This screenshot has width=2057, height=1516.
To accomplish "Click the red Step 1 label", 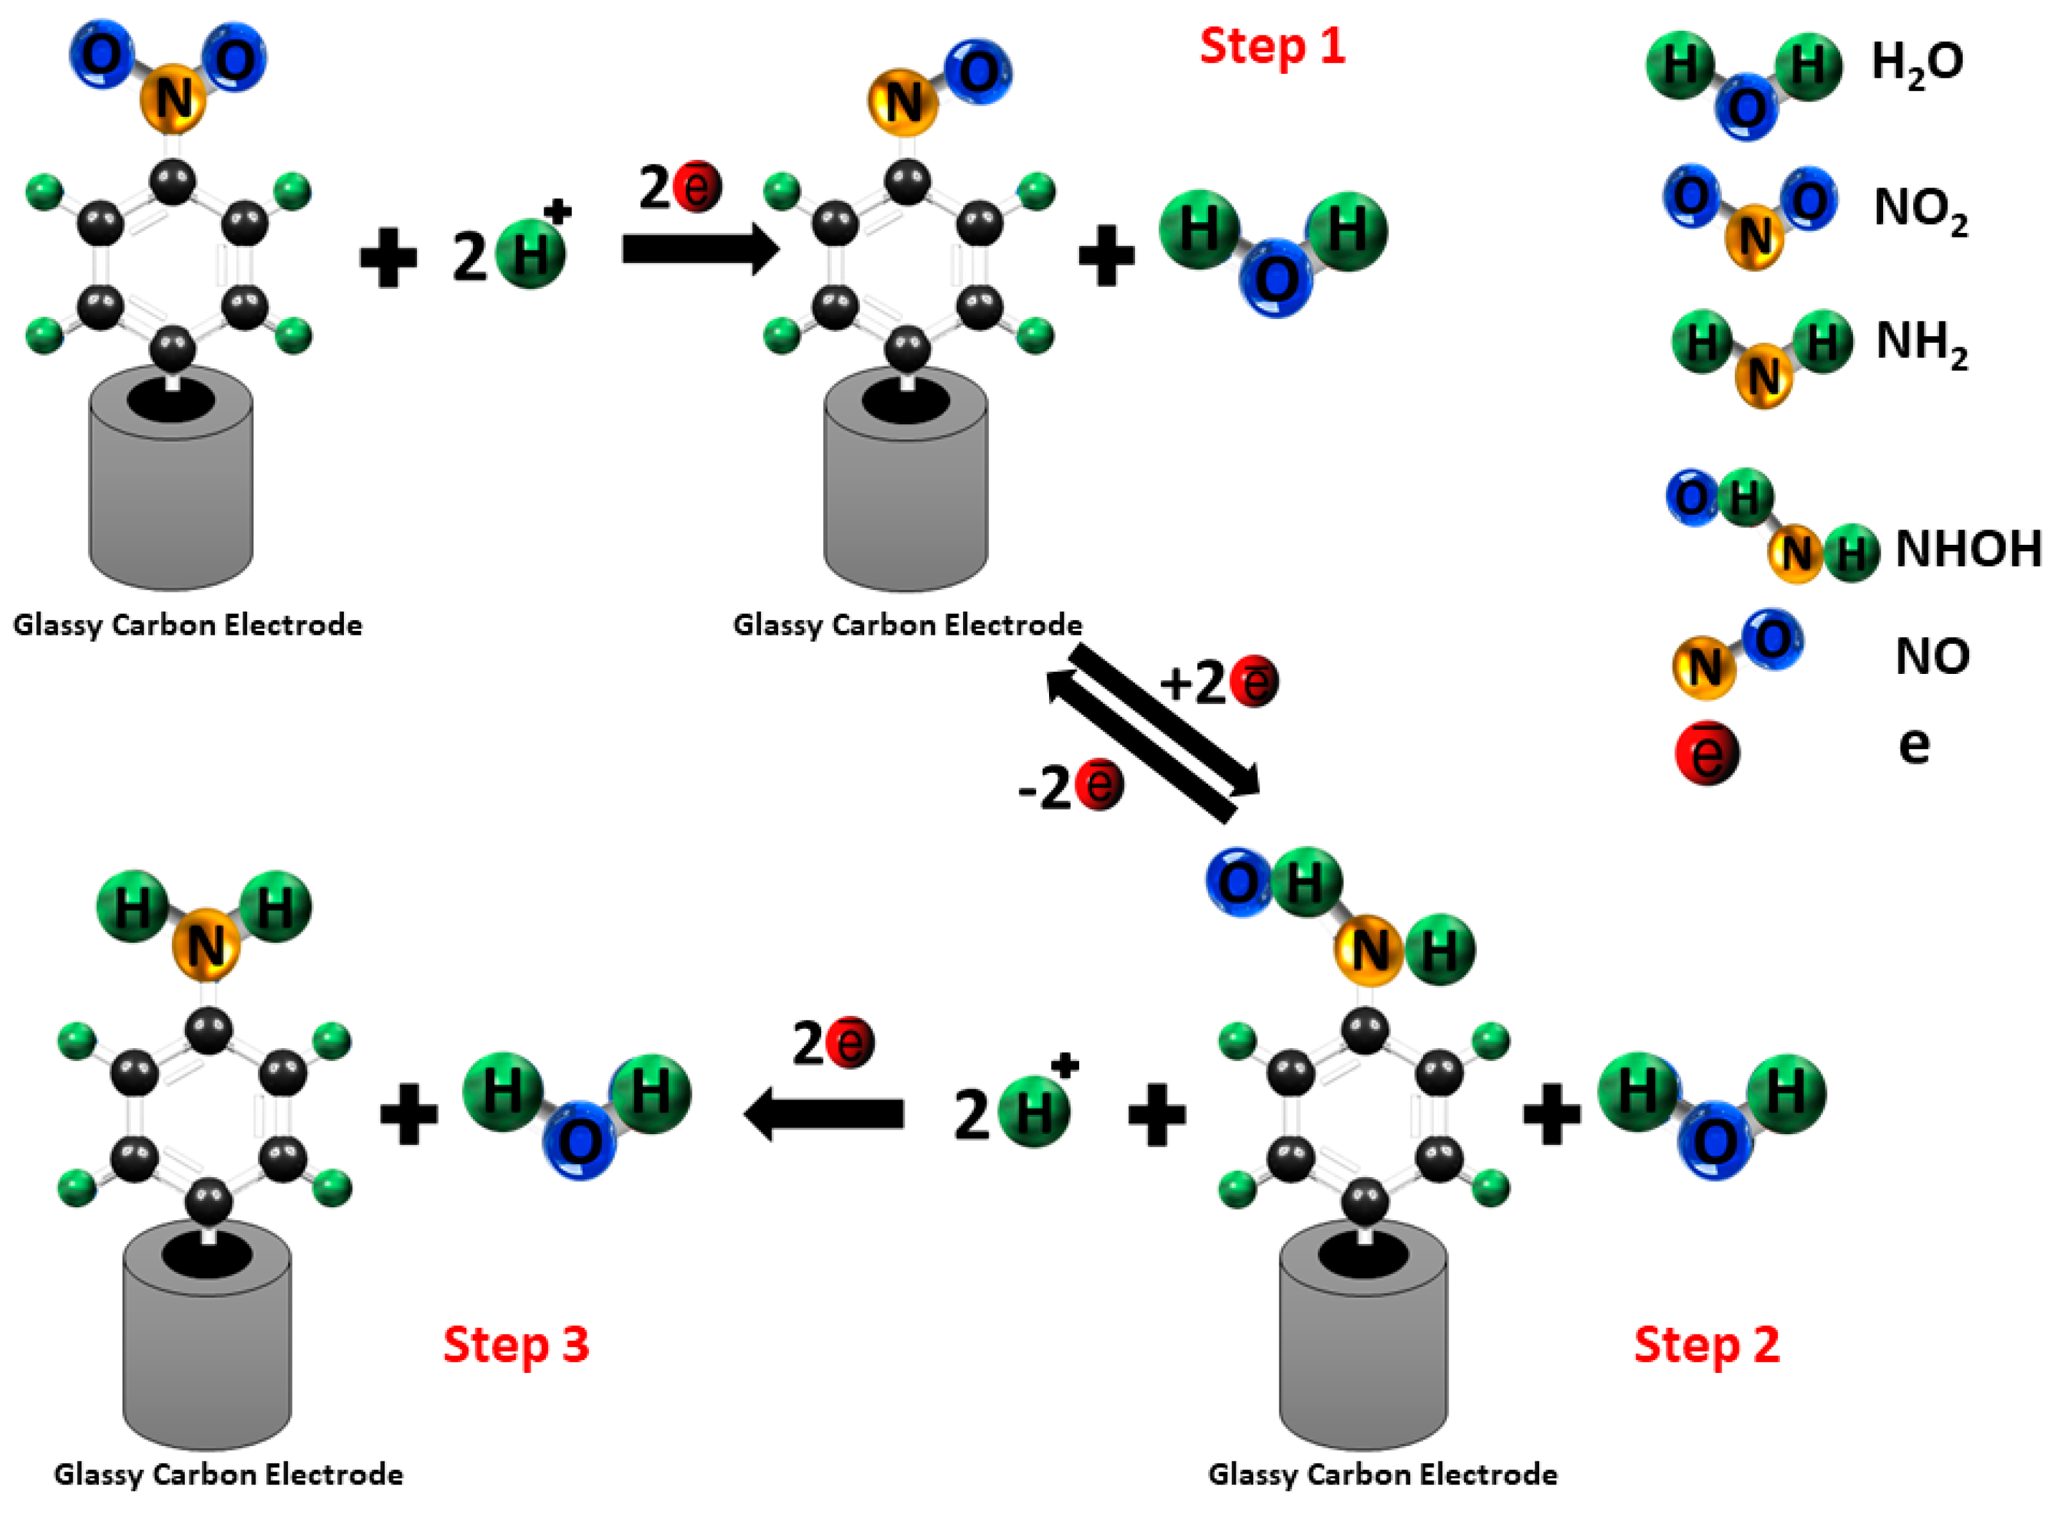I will tap(1272, 46).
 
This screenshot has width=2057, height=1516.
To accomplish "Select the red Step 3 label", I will tap(516, 1345).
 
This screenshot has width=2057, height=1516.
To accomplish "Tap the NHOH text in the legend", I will tap(1968, 549).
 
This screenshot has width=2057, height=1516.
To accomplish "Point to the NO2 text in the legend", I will tap(1920, 209).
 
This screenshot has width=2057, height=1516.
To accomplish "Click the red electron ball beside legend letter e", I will tap(1707, 752).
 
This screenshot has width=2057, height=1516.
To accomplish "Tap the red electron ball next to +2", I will tap(1253, 682).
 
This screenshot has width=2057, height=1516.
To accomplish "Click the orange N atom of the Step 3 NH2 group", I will tap(207, 945).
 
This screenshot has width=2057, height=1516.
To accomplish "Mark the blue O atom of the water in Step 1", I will tap(1276, 277).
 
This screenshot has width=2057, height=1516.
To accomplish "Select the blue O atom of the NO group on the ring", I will tap(977, 73).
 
